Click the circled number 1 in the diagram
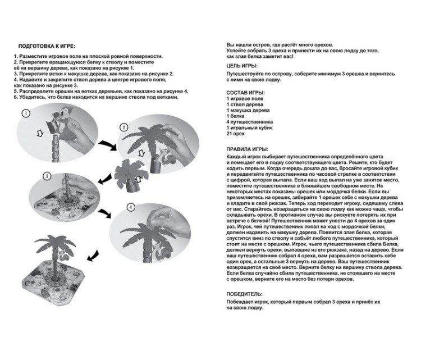tap(25, 113)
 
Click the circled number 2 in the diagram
tap(123, 127)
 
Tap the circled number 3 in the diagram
tap(47, 176)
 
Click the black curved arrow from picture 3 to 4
tap(104, 215)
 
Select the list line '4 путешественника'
tap(250, 121)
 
